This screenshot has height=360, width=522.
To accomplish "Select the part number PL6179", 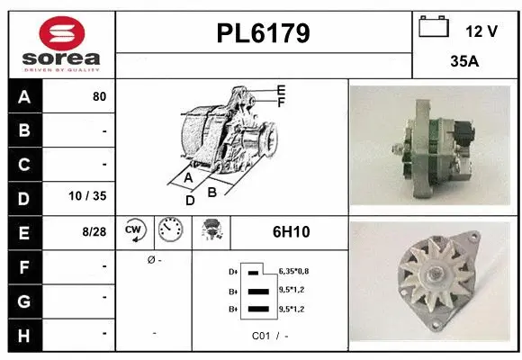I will pyautogui.click(x=264, y=33).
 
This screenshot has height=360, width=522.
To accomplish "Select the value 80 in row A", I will pyautogui.click(x=99, y=96).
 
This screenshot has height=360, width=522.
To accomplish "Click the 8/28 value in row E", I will pyautogui.click(x=94, y=231).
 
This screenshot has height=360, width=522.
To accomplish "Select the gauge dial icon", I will pyautogui.click(x=169, y=230).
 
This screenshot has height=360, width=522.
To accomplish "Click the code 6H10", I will pyautogui.click(x=291, y=231).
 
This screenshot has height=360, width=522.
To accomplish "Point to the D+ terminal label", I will pyautogui.click(x=232, y=271).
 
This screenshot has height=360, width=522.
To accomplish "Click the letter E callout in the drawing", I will pyautogui.click(x=281, y=90).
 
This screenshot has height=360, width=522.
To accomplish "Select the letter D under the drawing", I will pyautogui.click(x=190, y=201).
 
